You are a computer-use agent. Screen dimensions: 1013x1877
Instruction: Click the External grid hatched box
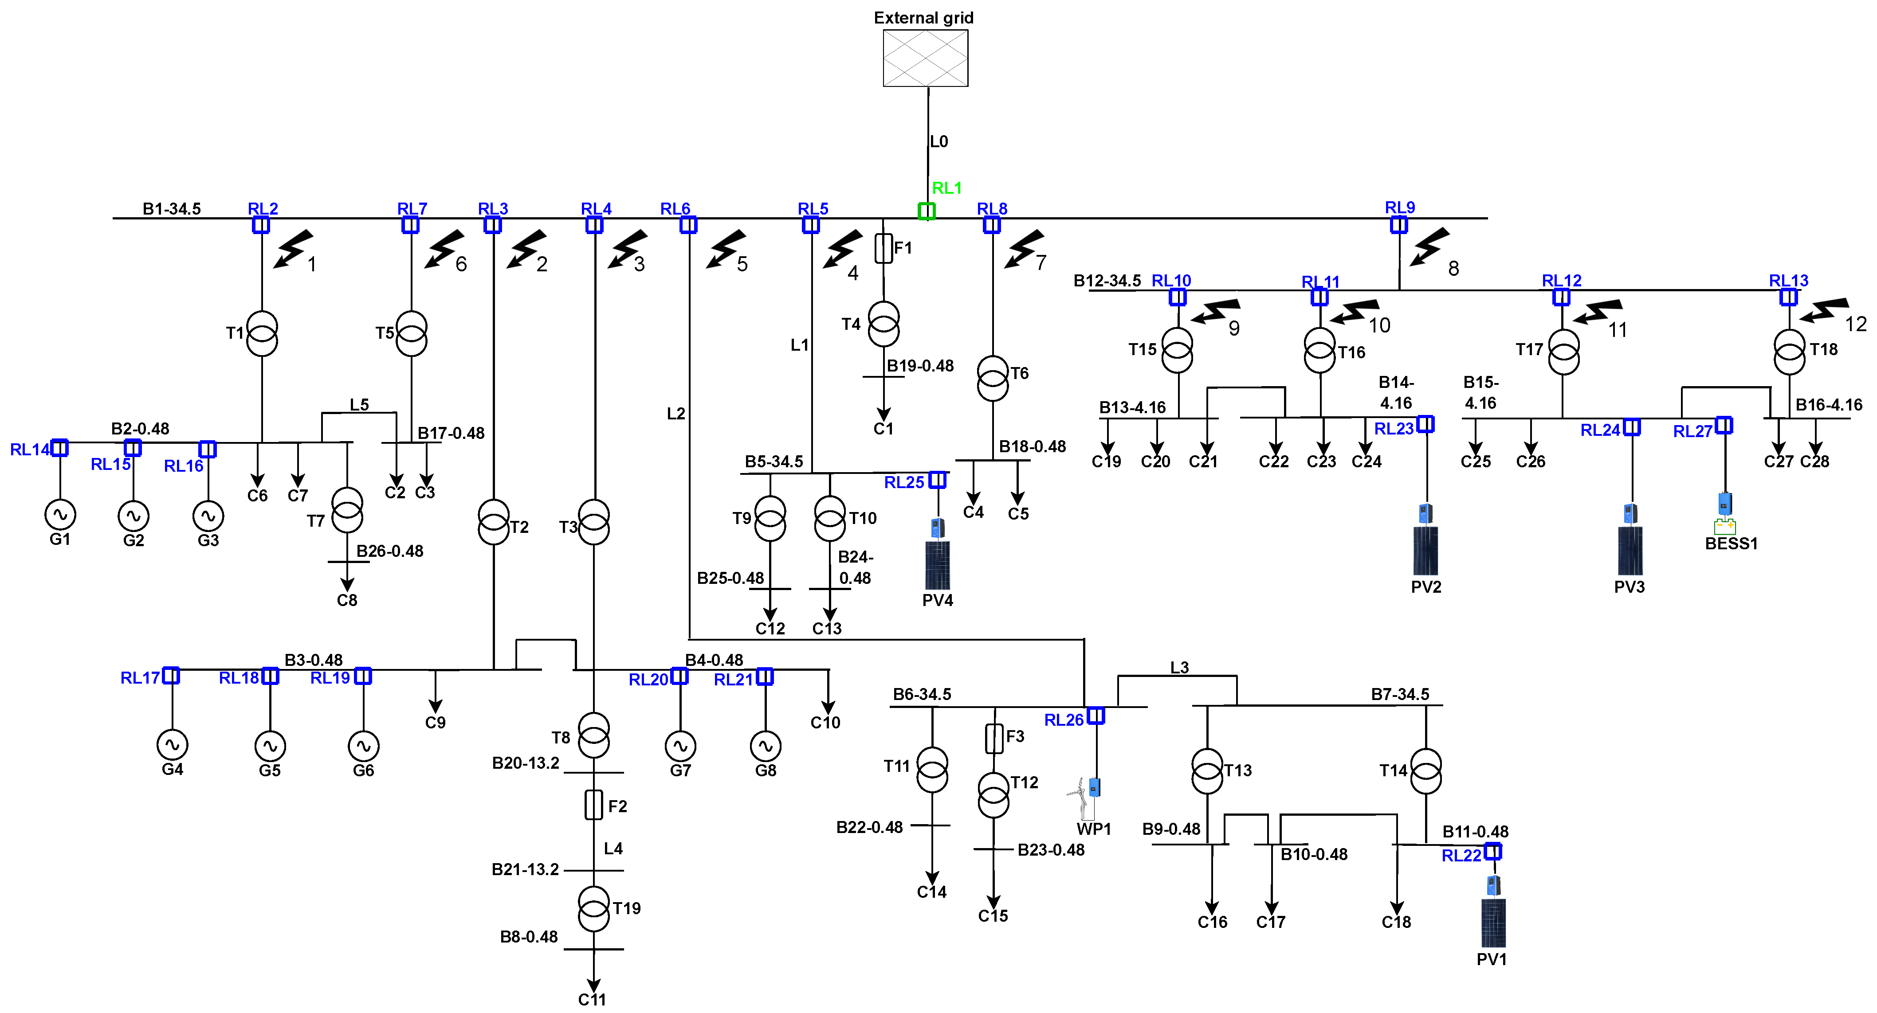[x=925, y=58]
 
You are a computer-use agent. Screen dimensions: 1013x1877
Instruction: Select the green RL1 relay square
[x=926, y=211]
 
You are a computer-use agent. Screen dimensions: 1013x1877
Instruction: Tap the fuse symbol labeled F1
[x=883, y=248]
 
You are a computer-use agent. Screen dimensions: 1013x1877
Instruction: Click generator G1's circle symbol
[x=60, y=514]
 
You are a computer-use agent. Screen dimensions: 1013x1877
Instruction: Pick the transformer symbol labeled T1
[x=262, y=333]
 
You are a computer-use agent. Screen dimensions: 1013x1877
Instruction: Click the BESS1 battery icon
[x=1725, y=526]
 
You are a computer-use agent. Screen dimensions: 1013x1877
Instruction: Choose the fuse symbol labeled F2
[x=594, y=805]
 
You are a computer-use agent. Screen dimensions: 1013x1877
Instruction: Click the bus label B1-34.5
[x=172, y=209]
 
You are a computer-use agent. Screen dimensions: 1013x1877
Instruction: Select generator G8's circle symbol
[x=765, y=746]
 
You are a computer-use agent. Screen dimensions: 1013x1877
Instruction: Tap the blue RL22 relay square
[x=1492, y=851]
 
